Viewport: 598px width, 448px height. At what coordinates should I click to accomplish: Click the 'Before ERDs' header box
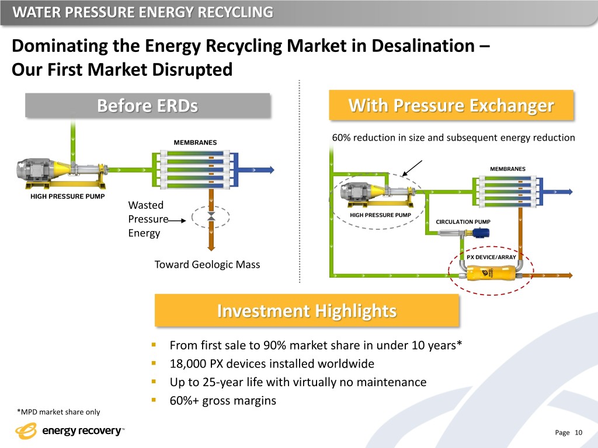pos(147,106)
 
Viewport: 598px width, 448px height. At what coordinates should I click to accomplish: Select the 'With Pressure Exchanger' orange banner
pos(451,106)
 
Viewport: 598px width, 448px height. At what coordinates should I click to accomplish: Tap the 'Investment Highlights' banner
pos(307,311)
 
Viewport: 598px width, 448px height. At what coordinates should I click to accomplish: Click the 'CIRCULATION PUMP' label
pos(463,222)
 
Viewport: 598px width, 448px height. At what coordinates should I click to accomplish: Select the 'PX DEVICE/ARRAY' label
pos(491,257)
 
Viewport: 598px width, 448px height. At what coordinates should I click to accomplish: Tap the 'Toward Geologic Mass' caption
pos(207,264)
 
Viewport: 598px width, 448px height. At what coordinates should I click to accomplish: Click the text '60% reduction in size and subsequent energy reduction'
pos(453,138)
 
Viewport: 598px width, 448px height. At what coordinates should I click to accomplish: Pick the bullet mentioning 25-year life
pos(298,382)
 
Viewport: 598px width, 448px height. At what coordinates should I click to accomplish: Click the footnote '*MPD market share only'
pos(58,412)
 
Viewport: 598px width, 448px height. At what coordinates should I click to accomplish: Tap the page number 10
pos(579,432)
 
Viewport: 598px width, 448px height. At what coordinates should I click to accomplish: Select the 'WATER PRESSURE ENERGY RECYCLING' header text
pos(142,12)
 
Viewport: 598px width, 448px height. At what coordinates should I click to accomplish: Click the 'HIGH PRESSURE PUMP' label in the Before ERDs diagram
pos(67,196)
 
